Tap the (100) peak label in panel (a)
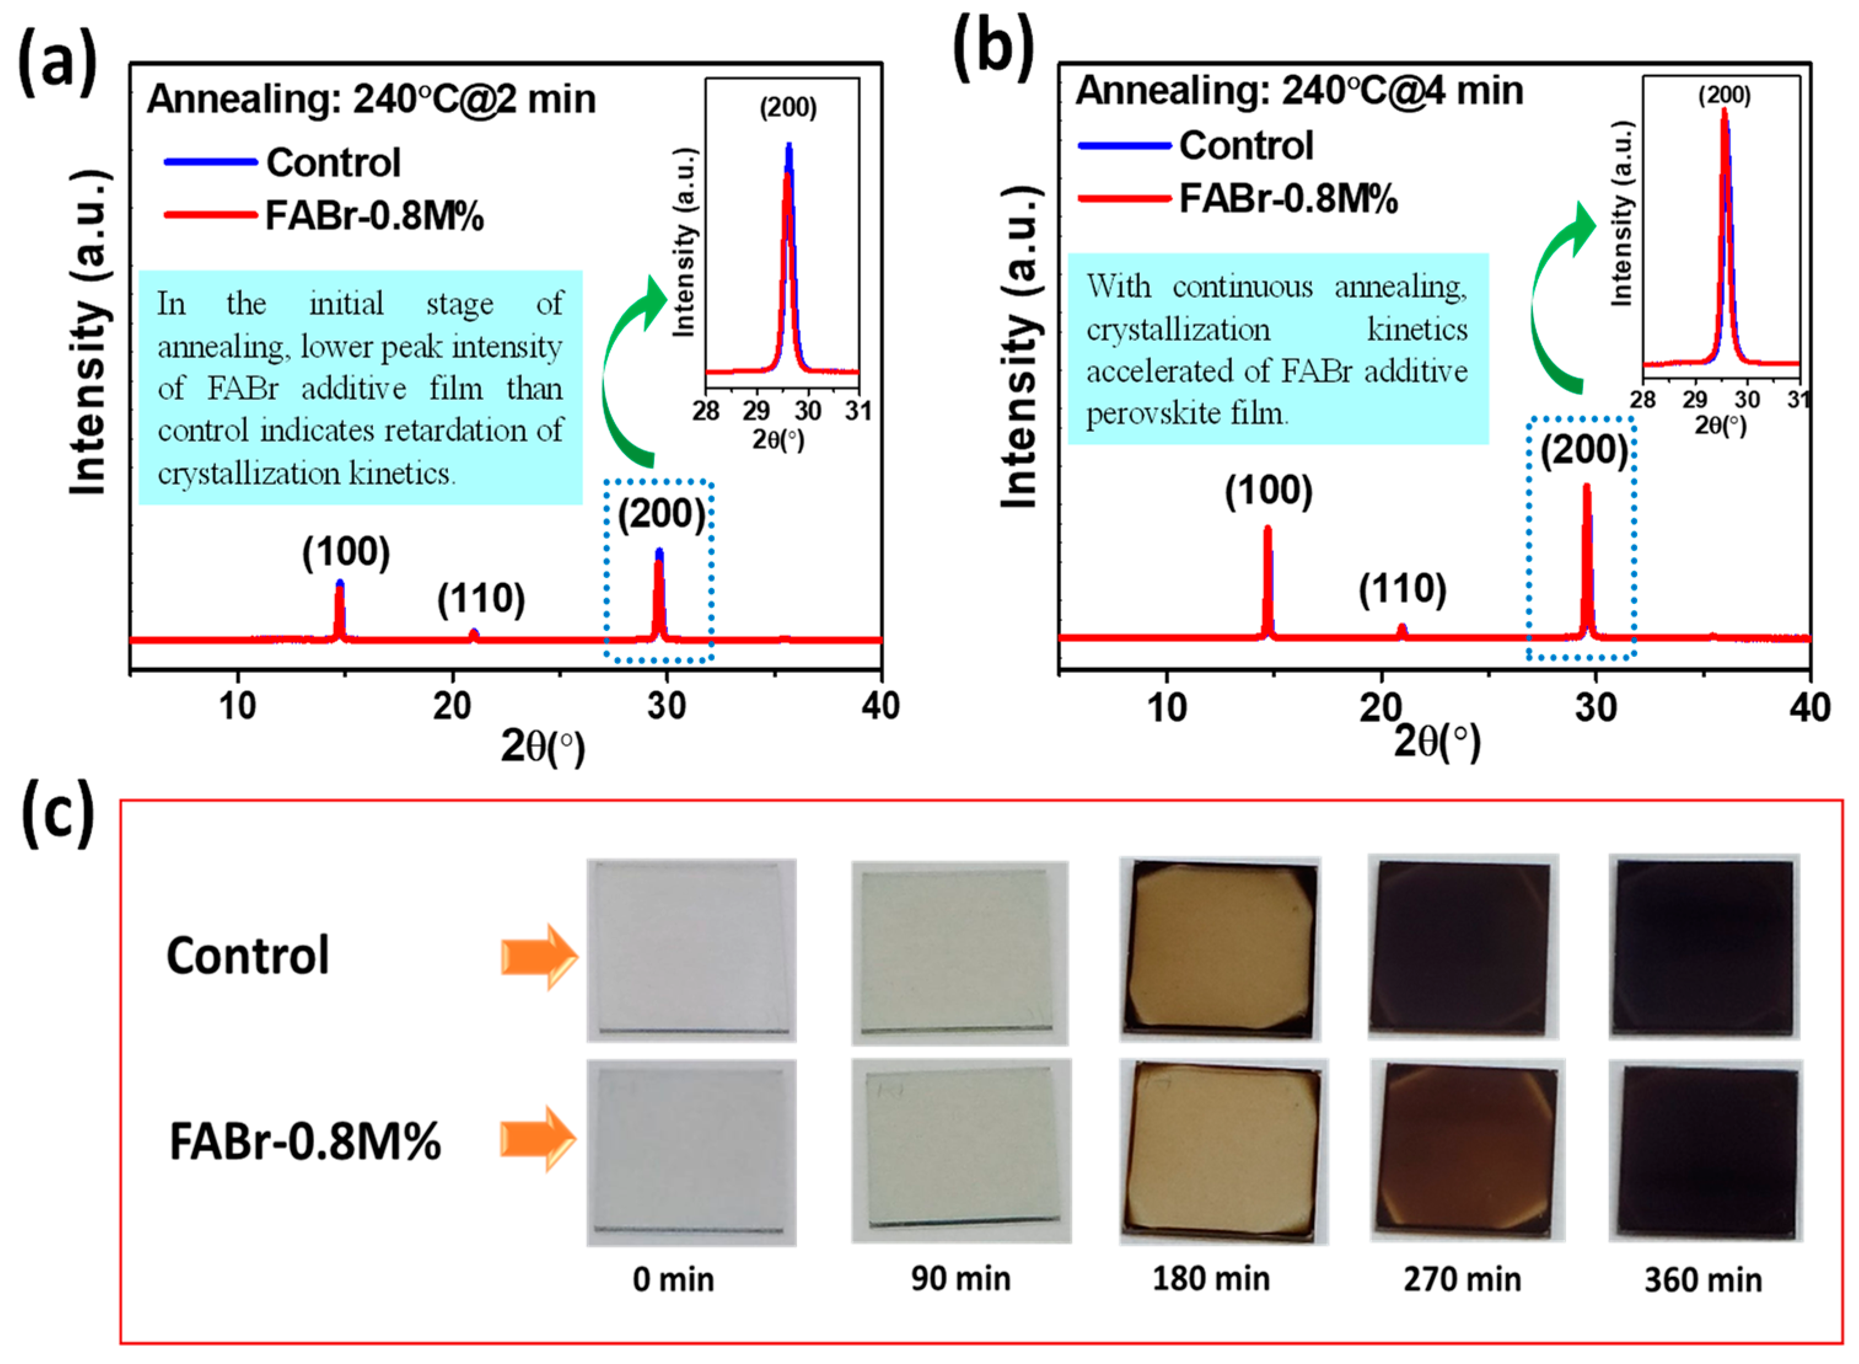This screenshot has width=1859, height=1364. coord(346,552)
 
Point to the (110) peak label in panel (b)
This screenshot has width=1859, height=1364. coord(1403,589)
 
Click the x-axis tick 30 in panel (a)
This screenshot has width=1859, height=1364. coord(666,706)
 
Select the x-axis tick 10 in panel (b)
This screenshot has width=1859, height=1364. coord(1167,708)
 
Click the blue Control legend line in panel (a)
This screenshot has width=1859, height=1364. coord(211,162)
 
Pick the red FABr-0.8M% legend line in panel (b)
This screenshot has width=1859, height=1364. coord(1124,198)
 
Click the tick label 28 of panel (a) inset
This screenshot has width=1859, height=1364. coord(706,410)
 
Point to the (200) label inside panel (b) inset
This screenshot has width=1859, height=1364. coord(1724,96)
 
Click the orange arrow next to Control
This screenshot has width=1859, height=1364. coord(539,956)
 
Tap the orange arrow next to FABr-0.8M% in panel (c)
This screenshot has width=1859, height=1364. coord(539,1139)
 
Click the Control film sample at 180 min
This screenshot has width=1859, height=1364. coord(1220,949)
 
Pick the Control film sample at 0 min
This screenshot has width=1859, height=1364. coord(691,949)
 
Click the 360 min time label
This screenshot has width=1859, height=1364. coord(1702,1280)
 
